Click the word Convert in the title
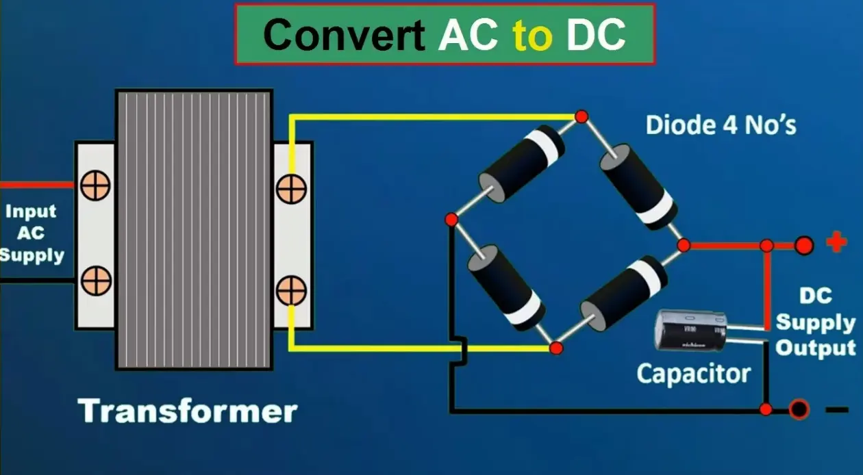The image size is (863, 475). (x=344, y=35)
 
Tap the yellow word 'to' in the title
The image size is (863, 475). (x=533, y=36)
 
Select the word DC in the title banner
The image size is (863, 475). (x=596, y=35)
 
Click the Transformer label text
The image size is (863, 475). (x=188, y=411)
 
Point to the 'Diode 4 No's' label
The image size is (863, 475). (x=721, y=125)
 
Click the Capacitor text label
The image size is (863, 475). (x=693, y=374)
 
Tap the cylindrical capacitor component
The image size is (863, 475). (x=690, y=331)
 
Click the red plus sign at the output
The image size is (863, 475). (x=836, y=242)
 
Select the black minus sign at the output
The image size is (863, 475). (x=837, y=410)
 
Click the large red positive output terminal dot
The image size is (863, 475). (x=804, y=246)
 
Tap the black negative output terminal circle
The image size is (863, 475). (x=799, y=409)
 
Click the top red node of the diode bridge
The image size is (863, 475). (x=581, y=116)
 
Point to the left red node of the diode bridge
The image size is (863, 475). (x=451, y=220)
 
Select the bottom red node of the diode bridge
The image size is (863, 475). (x=555, y=348)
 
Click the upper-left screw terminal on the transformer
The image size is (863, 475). (x=95, y=185)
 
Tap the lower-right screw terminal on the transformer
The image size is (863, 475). (x=291, y=291)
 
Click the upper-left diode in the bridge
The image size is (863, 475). (x=522, y=164)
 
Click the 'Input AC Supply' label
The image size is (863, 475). (x=32, y=233)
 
